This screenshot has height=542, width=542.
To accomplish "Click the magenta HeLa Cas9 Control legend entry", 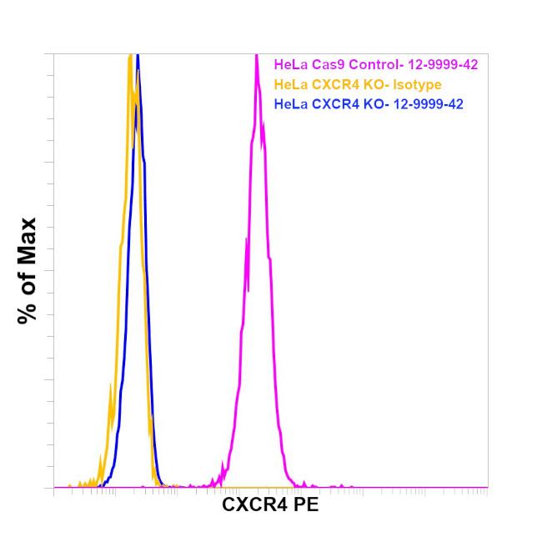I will point(375,64).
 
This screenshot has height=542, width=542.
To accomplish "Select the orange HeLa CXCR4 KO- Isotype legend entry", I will point(357,84).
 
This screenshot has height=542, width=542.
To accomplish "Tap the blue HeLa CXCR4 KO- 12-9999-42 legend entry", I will point(369,104).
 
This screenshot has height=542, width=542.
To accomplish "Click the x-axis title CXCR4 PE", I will point(270,505).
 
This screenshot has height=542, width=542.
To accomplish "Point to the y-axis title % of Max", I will point(28,270).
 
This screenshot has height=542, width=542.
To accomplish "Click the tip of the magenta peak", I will point(256,56).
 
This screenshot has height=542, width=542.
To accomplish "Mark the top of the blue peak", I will point(138,56).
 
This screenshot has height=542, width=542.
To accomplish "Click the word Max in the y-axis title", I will point(28,241).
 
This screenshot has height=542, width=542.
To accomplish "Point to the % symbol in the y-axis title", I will point(28,311).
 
